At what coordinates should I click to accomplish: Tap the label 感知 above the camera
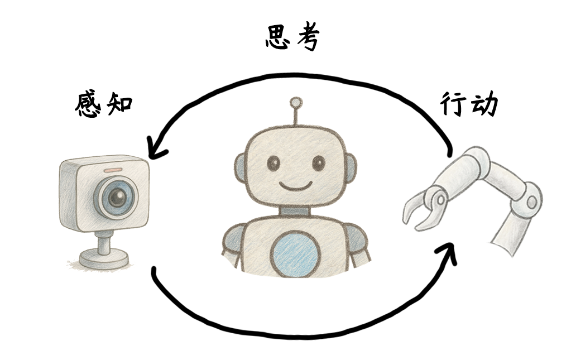tap(104, 104)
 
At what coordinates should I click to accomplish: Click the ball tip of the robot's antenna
tap(296, 103)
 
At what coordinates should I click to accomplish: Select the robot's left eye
tap(273, 163)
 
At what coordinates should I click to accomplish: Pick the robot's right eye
tap(318, 163)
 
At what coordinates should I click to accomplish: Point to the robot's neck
tap(295, 211)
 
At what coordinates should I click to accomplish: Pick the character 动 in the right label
tap(483, 104)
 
